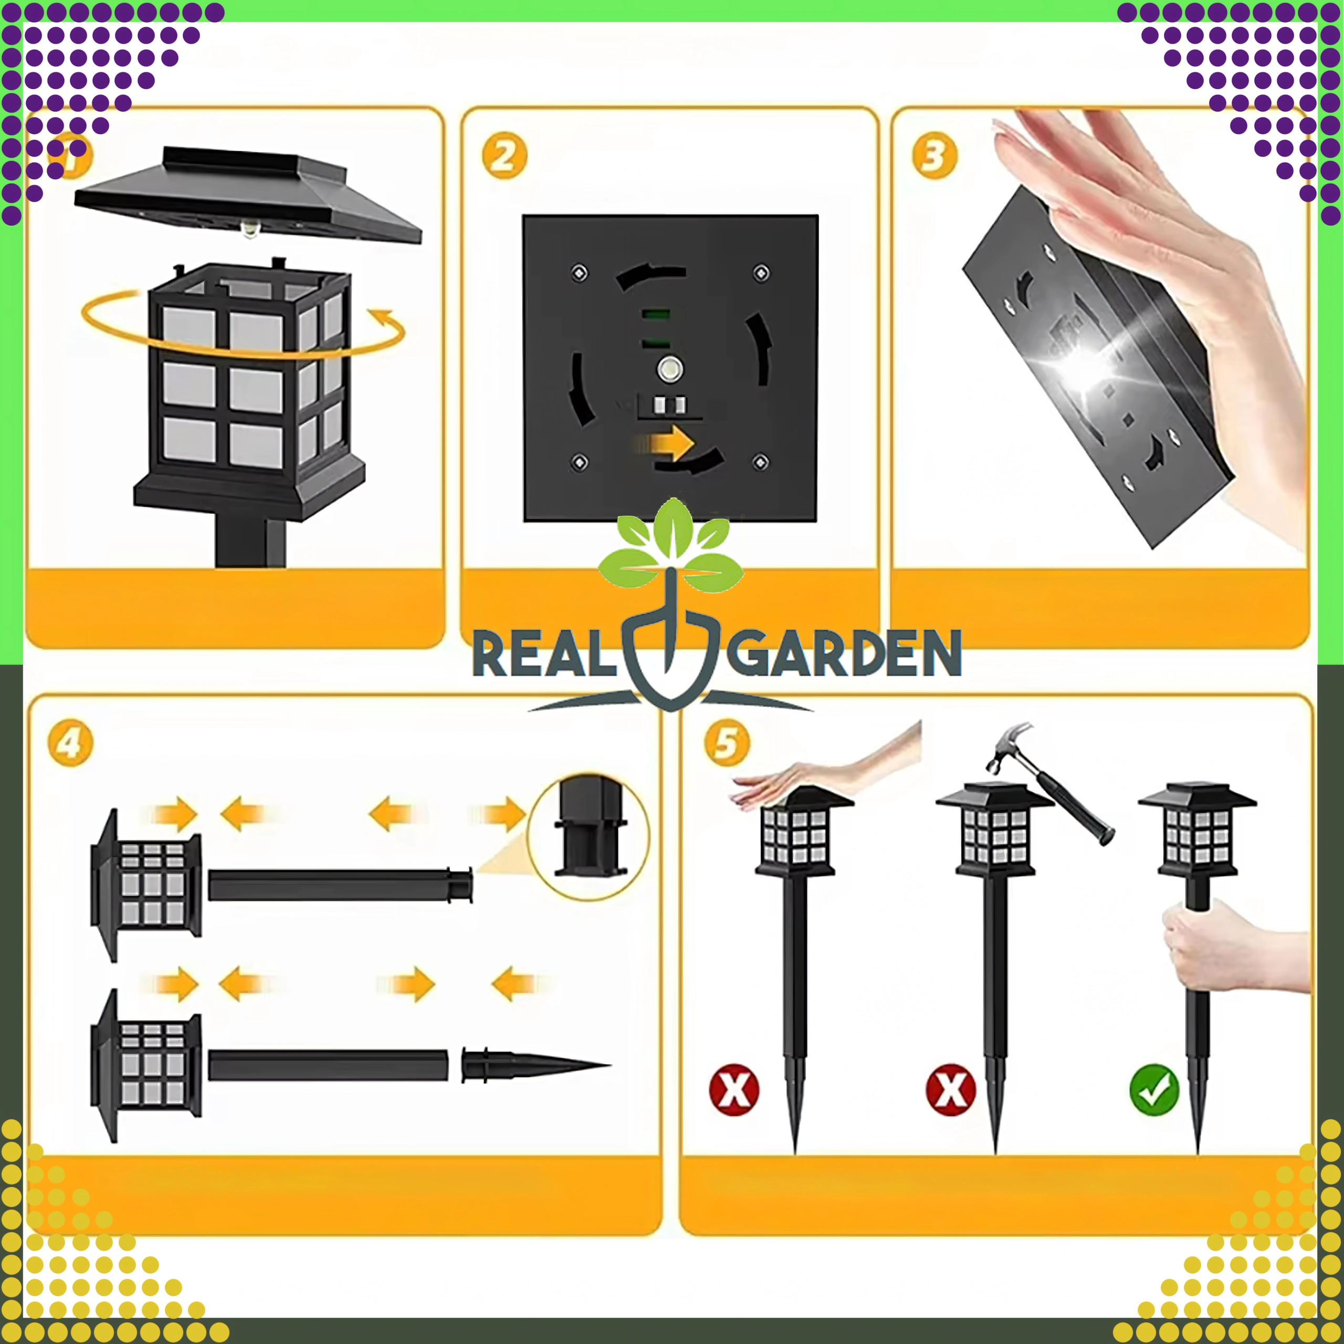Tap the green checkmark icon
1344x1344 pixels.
[x=1154, y=1089]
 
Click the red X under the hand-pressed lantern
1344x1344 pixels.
[x=734, y=1089]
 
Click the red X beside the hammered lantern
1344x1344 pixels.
[x=950, y=1089]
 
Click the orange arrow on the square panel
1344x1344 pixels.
[x=666, y=443]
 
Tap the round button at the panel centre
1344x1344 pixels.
[x=670, y=370]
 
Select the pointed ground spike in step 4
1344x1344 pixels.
[x=535, y=1065]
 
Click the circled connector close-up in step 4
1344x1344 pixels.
[x=589, y=837]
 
